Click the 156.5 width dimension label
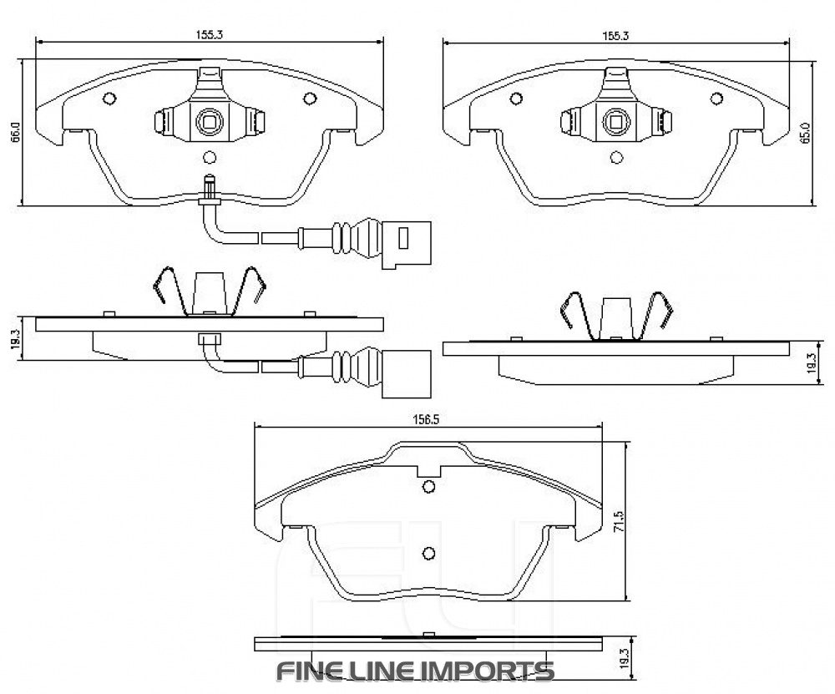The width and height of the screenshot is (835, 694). [x=426, y=420]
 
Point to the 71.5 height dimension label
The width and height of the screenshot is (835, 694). [x=618, y=522]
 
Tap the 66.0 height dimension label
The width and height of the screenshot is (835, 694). [x=15, y=132]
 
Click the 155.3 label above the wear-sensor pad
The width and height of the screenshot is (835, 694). [x=209, y=35]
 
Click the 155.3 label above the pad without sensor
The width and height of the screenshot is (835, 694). [x=615, y=36]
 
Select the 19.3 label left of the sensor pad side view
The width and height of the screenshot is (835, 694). [x=15, y=339]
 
